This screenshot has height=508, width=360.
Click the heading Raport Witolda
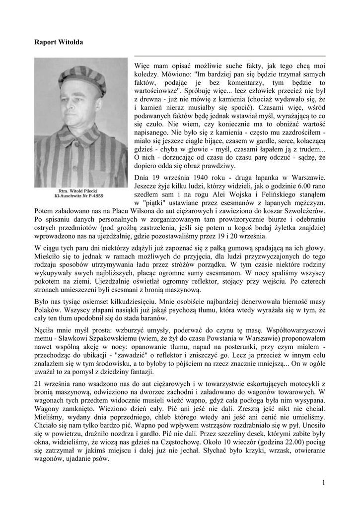pos(59,42)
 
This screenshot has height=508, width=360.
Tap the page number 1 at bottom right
pos(323,483)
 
